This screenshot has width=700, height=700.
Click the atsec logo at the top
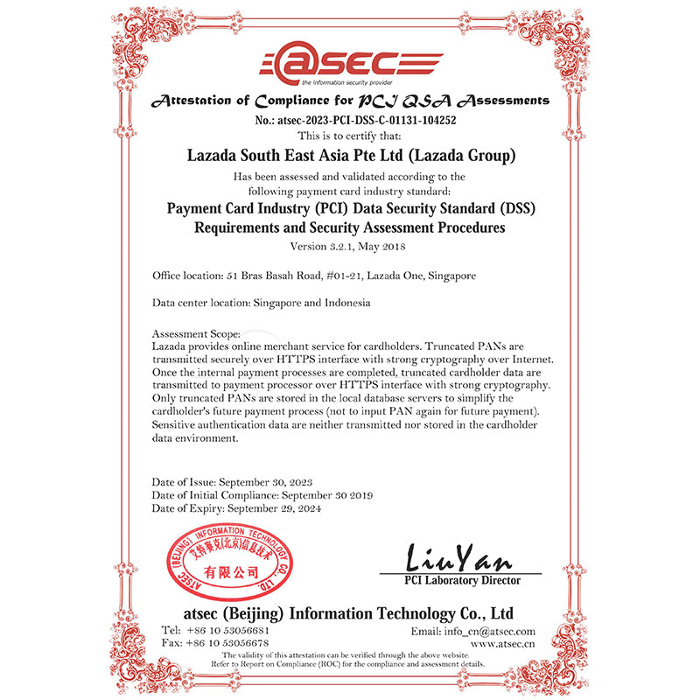350,64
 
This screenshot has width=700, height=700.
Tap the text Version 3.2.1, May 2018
350,246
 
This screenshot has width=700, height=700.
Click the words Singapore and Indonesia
311,304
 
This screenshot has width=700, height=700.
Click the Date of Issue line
233,482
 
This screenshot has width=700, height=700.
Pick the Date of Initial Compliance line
262,495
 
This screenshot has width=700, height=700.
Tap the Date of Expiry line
236,508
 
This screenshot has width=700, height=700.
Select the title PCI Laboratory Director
462,580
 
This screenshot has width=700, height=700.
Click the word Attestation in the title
203,101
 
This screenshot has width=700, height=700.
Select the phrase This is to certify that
350,136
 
